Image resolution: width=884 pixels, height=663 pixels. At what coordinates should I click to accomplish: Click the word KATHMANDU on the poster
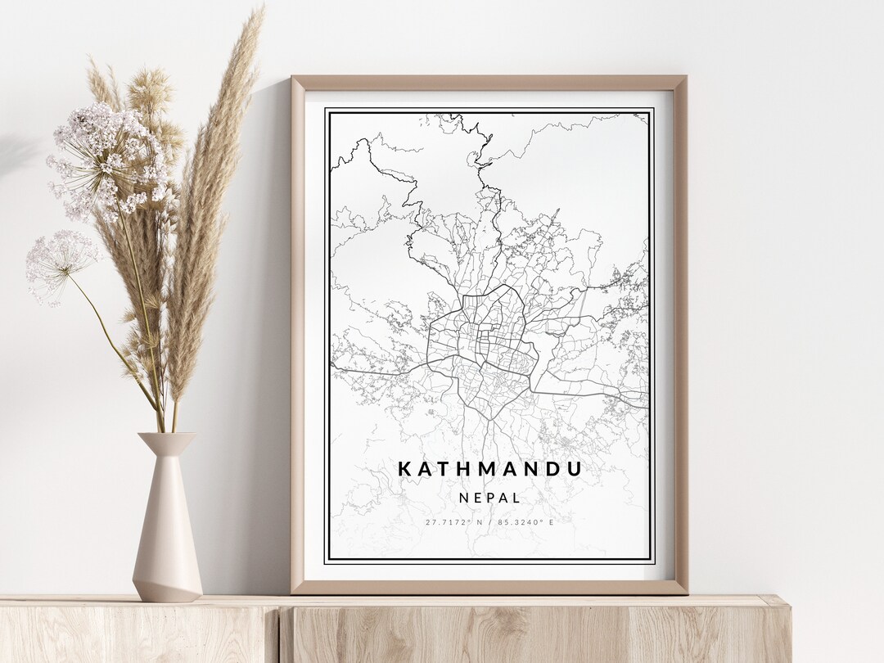[489, 469]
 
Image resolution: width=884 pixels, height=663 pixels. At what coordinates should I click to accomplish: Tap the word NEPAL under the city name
[489, 497]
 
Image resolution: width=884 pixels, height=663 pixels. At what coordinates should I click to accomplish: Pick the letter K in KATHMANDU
[404, 469]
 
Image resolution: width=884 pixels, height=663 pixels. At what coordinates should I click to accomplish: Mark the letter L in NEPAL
[516, 497]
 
